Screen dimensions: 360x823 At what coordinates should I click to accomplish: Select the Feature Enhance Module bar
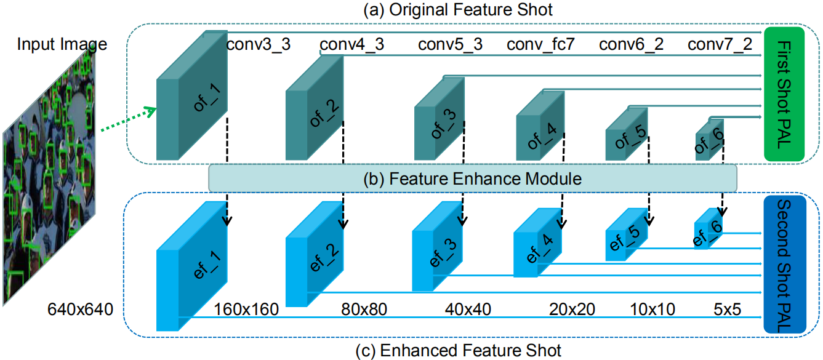[473, 179]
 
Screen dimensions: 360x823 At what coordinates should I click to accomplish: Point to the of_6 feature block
[710, 140]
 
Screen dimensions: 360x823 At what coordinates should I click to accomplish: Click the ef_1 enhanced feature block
[192, 271]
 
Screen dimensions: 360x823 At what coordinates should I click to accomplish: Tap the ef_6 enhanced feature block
[709, 230]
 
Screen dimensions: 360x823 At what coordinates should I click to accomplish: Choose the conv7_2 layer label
[719, 44]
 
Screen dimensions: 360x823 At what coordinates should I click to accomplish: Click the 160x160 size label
[247, 308]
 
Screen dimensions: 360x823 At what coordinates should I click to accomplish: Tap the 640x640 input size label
[80, 309]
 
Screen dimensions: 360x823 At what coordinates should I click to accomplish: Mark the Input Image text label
[62, 44]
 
